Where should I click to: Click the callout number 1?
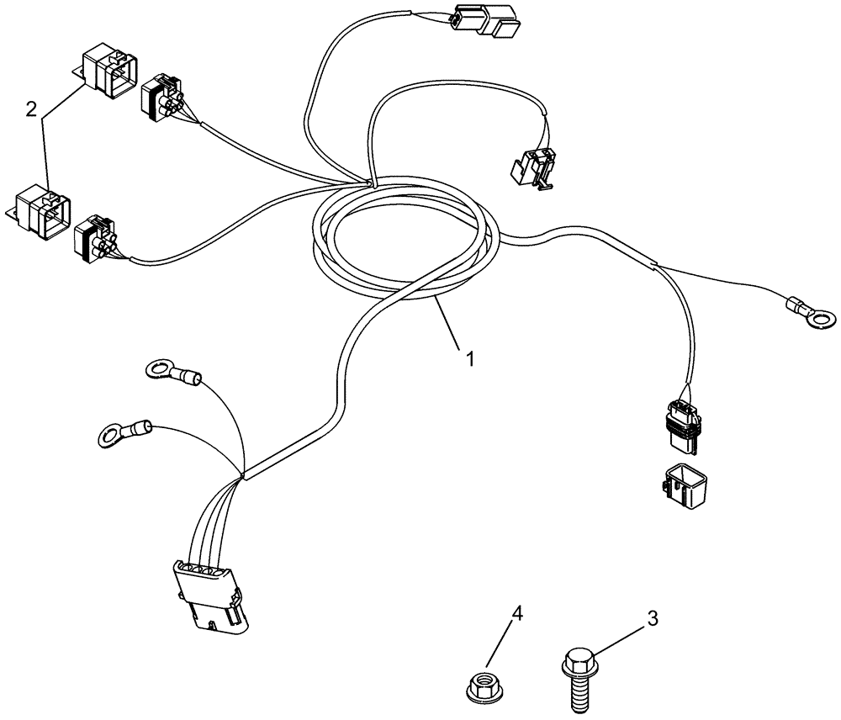(470, 357)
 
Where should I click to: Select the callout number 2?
(31, 109)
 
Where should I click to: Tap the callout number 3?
(653, 620)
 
